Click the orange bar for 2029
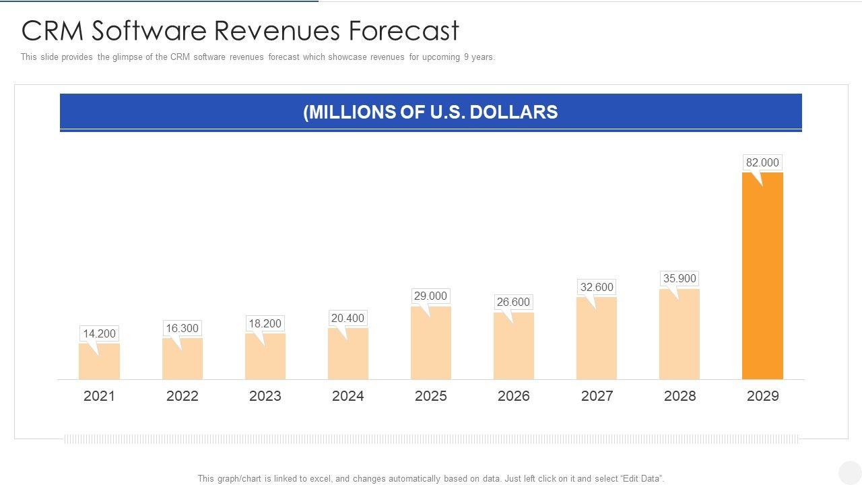pos(762,276)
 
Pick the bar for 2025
pos(431,343)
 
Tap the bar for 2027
pos(597,338)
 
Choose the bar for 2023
pos(265,356)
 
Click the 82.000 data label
pos(762,162)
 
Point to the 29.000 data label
pos(430,296)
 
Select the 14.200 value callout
pos(99,333)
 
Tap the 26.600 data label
pos(513,302)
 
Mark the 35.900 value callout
pos(679,278)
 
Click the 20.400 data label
pos(347,318)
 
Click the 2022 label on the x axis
pos(183,396)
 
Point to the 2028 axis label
pos(679,396)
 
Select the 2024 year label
pos(348,396)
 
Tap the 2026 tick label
pos(514,396)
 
